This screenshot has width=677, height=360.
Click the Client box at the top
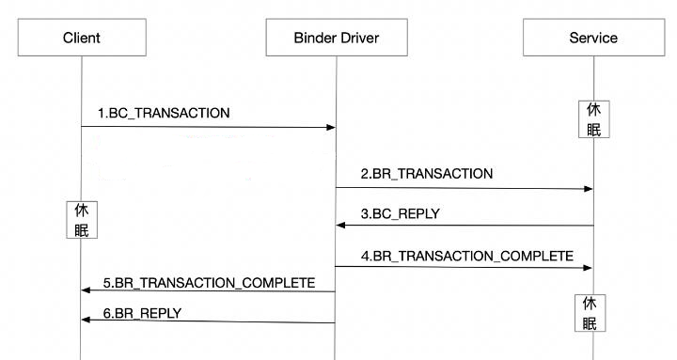[x=81, y=39]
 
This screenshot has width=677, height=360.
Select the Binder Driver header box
[x=337, y=39]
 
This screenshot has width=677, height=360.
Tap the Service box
[x=593, y=39]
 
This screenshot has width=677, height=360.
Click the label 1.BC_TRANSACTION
[x=164, y=114]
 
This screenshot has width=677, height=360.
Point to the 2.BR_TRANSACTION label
[x=426, y=174]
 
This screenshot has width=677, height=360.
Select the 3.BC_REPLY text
[x=399, y=214]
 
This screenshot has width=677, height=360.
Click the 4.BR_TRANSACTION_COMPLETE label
[x=466, y=255]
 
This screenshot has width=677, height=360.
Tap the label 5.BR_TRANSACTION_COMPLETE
[x=209, y=282]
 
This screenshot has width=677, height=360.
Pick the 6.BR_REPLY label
[x=142, y=313]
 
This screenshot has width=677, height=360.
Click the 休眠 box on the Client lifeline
[x=81, y=220]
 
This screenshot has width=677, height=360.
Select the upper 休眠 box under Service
[x=593, y=119]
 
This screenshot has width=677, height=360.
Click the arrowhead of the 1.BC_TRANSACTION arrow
[x=331, y=127]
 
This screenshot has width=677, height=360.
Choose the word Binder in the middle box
[x=314, y=39]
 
